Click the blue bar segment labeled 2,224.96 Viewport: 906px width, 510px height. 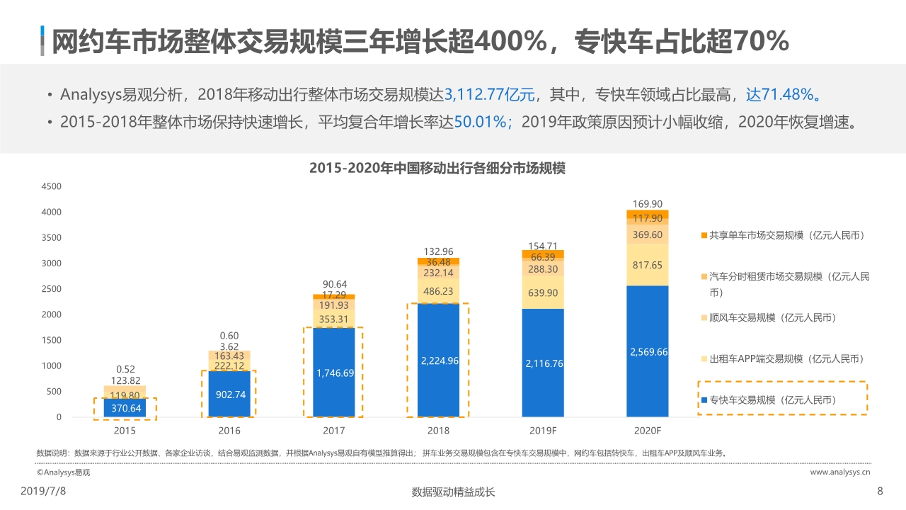point(440,361)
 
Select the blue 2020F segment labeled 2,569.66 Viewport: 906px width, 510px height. point(648,351)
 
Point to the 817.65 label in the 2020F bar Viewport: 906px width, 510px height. point(648,264)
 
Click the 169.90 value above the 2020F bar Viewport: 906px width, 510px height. point(648,204)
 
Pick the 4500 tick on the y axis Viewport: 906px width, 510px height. point(52,186)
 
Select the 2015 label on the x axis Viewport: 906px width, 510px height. point(125,431)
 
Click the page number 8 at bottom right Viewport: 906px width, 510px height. point(880,491)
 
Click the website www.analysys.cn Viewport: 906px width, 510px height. point(839,471)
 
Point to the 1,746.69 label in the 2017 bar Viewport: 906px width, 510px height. point(334,373)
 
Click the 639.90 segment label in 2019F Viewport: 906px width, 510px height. point(544,293)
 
